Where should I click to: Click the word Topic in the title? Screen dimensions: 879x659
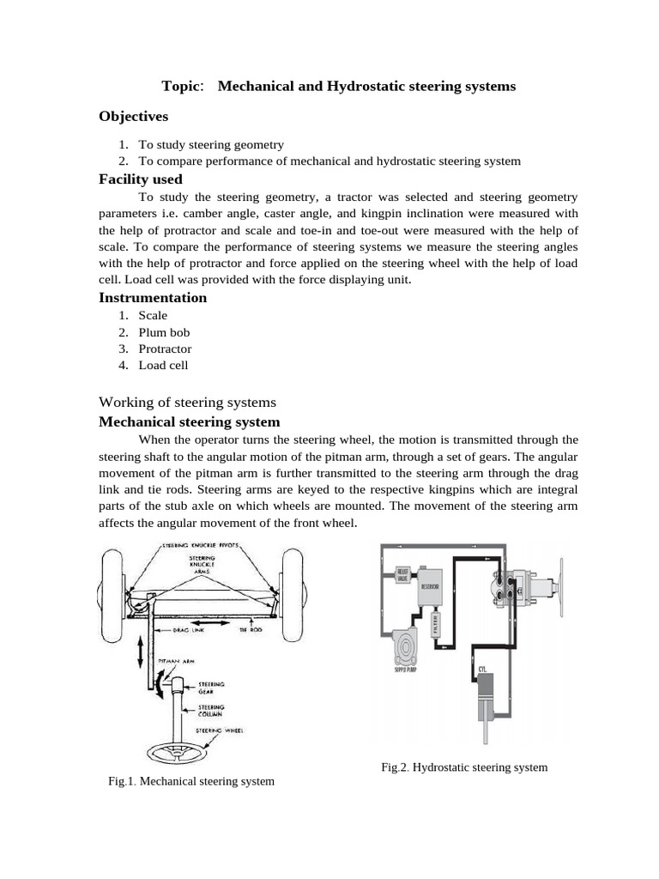pyautogui.click(x=181, y=87)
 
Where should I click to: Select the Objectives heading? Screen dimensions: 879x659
pyautogui.click(x=133, y=116)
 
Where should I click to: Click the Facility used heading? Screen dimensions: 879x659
pyautogui.click(x=141, y=179)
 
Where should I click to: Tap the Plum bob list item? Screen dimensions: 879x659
pyautogui.click(x=164, y=332)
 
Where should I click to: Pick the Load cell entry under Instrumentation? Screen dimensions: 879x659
pyautogui.click(x=163, y=365)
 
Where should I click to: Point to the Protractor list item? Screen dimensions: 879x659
pyautogui.click(x=165, y=349)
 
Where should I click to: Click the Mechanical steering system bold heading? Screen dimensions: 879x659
pyautogui.click(x=190, y=421)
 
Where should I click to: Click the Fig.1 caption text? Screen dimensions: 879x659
pyautogui.click(x=191, y=781)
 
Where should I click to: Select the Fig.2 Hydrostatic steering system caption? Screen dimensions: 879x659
pyautogui.click(x=463, y=767)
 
